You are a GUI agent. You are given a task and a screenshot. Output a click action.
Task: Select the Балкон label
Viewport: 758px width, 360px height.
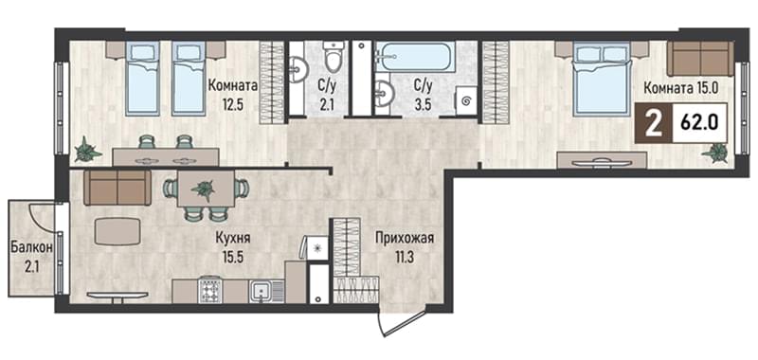tap(31, 248)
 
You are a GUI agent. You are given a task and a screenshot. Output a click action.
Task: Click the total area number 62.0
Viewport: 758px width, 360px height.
tap(698, 123)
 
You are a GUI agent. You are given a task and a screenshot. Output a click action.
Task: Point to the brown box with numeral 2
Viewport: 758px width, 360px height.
tap(654, 123)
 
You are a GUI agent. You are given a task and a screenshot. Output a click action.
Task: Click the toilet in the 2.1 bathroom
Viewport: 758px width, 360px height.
tap(333, 57)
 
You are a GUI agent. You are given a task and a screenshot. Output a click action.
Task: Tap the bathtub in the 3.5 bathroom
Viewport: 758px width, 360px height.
tap(415, 57)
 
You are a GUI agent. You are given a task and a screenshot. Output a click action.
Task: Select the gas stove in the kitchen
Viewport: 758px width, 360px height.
tap(209, 291)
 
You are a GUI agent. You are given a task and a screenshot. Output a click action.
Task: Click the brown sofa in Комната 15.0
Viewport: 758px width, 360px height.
tap(700, 58)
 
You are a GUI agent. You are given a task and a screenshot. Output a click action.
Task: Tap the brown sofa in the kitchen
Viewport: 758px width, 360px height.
tap(117, 188)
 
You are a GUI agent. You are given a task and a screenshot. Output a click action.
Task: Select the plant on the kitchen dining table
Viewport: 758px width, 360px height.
tap(204, 188)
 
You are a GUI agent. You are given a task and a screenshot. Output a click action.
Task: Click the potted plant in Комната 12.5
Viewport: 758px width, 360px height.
tap(87, 150)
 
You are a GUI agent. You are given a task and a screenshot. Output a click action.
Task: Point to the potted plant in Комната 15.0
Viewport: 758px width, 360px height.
tap(715, 153)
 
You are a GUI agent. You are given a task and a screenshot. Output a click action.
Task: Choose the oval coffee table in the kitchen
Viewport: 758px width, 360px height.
tap(117, 231)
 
